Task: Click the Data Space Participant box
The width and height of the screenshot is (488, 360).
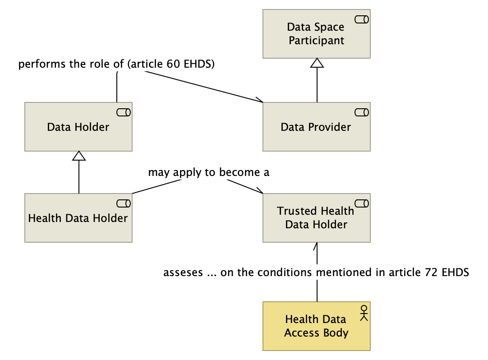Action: pos(316,34)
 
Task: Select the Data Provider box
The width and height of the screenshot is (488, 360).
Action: pos(316,127)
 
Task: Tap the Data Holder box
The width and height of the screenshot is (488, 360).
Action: pos(78,127)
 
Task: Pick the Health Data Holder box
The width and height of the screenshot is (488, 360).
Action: pos(78,218)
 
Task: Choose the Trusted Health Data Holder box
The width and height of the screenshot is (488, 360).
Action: pos(316,218)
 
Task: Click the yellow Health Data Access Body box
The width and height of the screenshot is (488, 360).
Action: pos(316,326)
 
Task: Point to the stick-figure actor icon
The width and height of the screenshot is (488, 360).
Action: pos(364,312)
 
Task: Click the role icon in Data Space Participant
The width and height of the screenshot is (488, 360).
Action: pos(362,19)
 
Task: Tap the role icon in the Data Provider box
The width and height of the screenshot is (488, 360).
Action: pos(362,112)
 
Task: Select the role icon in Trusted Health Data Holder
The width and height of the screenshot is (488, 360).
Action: pos(362,203)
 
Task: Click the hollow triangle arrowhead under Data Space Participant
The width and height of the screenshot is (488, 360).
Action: pos(317,63)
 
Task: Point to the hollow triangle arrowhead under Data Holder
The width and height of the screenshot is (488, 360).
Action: pos(79,156)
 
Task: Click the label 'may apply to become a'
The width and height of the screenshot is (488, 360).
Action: pos(208,172)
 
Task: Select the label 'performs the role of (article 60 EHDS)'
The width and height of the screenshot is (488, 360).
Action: pos(116,64)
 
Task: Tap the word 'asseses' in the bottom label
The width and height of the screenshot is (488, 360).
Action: pos(183,272)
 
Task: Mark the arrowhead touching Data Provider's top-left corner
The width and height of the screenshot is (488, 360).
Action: pos(259,100)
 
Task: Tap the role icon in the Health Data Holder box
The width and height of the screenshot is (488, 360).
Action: pos(124,203)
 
